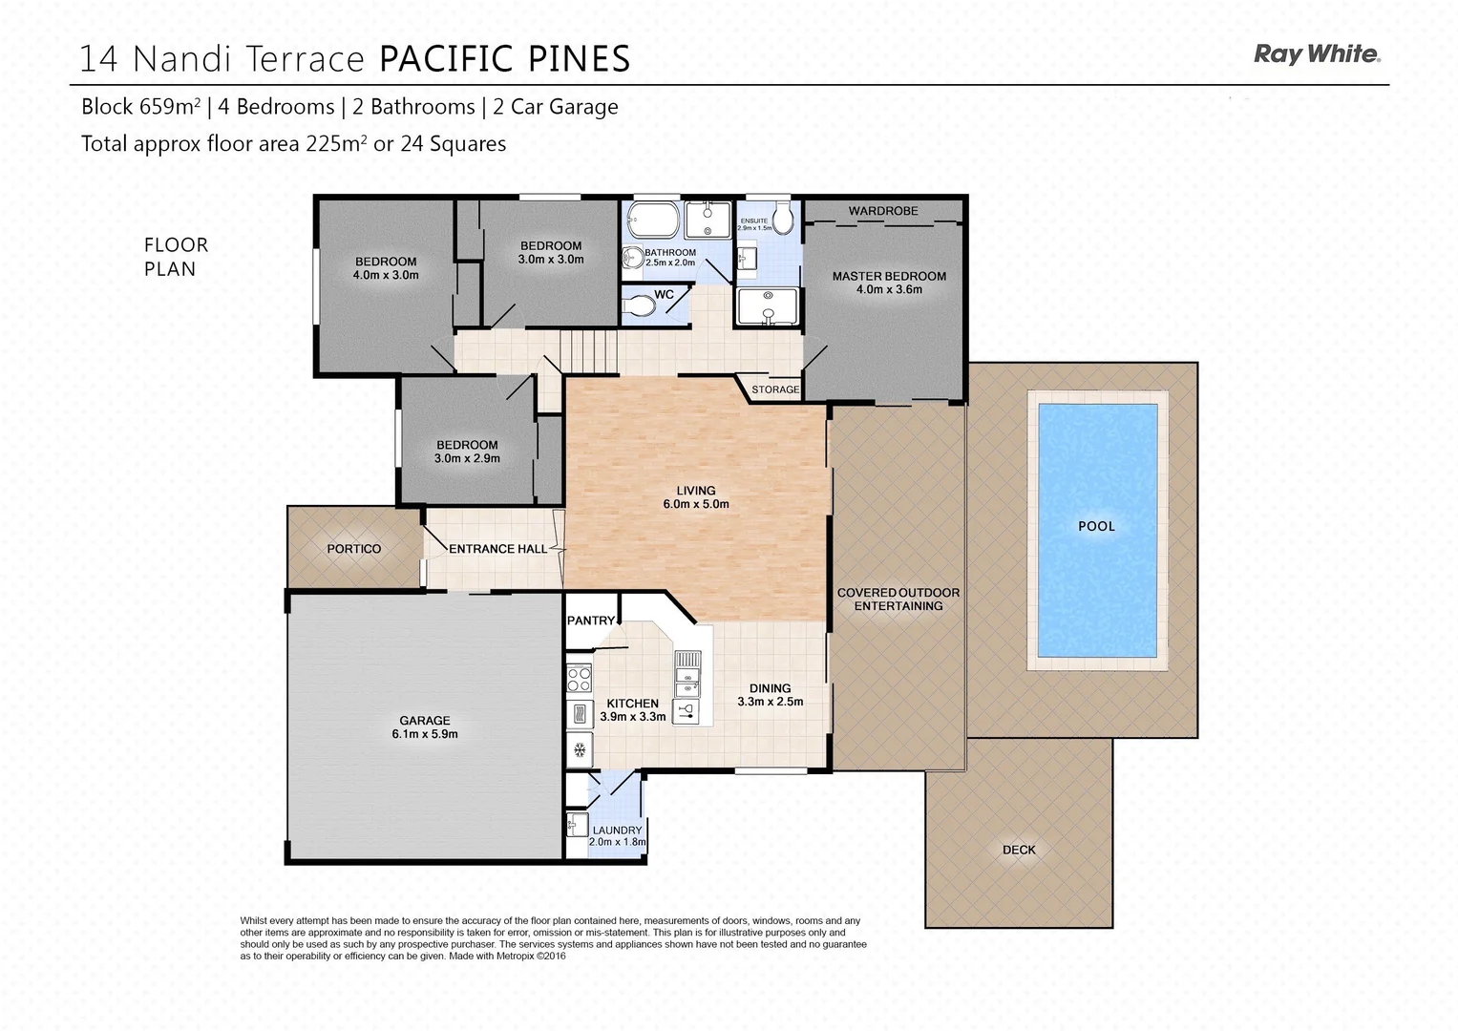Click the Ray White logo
point(1317,54)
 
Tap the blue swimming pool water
point(1096,563)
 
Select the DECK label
point(1019,850)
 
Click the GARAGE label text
point(425,721)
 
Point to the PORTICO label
point(353,549)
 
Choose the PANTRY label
point(591,621)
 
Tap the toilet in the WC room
point(638,305)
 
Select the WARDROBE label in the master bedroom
point(883,211)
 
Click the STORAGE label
point(775,389)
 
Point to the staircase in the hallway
point(587,348)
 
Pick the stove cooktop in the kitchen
point(579,678)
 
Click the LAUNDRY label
point(617,831)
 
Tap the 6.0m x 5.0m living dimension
point(696,504)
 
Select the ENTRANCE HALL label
point(497,549)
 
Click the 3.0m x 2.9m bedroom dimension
point(467,458)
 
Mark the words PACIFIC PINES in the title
point(505,59)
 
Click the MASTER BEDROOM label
point(889,276)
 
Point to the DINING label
point(770,688)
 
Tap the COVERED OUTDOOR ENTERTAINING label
point(898,600)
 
